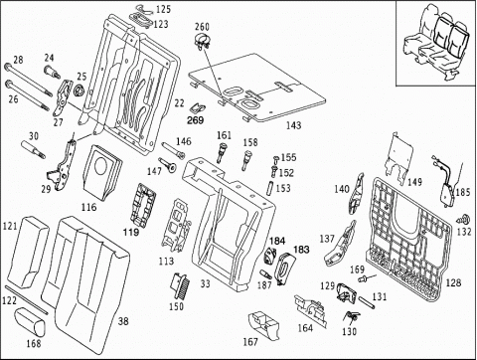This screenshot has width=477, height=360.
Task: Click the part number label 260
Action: [202, 26]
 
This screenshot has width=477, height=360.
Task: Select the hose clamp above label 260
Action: [203, 42]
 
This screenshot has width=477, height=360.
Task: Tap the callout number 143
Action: [293, 125]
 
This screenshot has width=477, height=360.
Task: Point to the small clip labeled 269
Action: [198, 108]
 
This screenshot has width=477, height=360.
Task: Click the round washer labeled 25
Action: [79, 90]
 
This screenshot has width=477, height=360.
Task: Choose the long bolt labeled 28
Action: [28, 80]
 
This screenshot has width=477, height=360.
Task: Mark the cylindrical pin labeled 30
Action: [33, 150]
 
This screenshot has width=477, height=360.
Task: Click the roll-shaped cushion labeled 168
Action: [30, 321]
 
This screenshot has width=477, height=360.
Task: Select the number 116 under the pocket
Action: [88, 208]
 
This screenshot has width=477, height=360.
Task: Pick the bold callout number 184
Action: [277, 241]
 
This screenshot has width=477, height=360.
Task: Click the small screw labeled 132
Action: [464, 219]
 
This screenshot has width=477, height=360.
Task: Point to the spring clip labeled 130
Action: [352, 316]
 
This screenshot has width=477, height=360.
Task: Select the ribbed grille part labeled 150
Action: [181, 284]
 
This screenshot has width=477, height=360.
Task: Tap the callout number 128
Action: [453, 282]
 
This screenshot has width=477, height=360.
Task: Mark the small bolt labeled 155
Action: [275, 159]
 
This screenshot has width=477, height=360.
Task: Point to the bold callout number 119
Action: [131, 232]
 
